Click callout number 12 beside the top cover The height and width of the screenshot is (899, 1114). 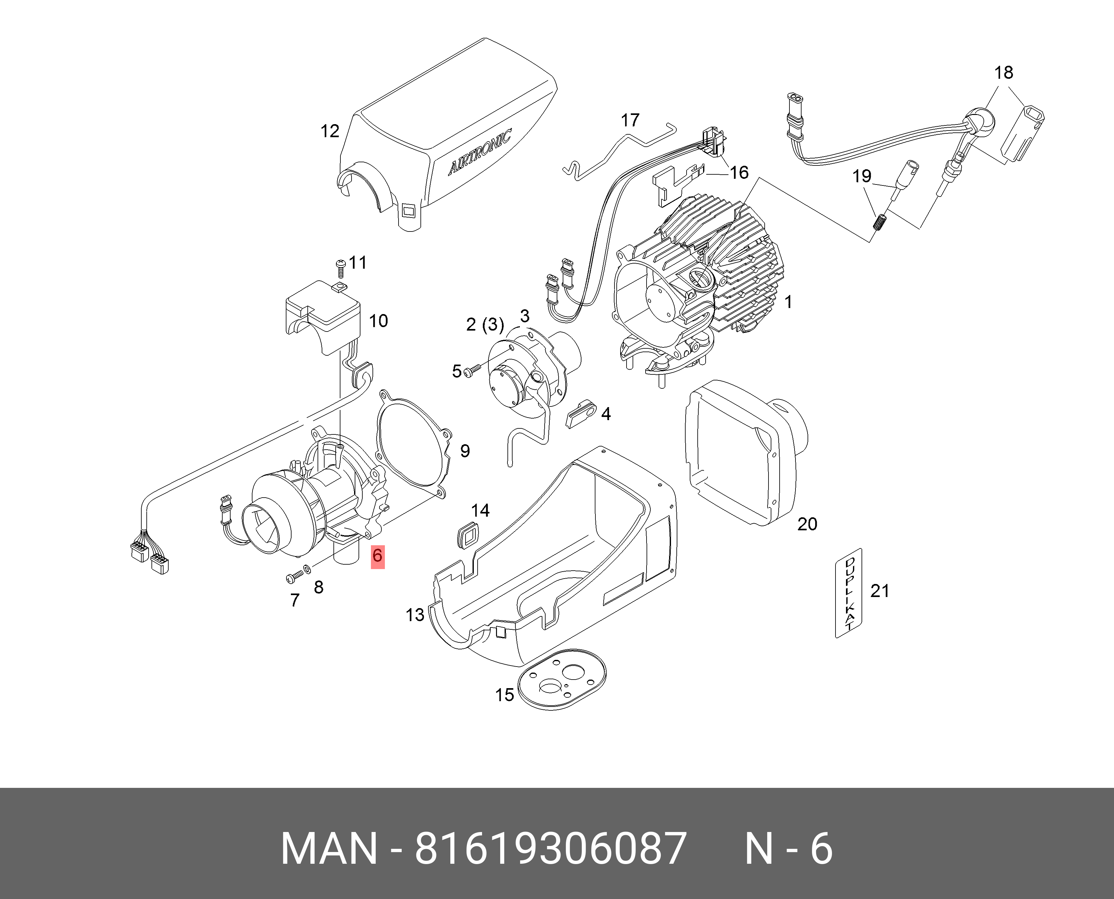pos(330,131)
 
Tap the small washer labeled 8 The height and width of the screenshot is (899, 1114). pos(307,569)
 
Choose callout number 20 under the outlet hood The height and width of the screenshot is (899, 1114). pos(807,524)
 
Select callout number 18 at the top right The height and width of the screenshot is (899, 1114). pos(1003,72)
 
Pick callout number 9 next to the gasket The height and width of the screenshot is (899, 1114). pos(465,451)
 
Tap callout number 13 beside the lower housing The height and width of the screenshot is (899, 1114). pos(415,615)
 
